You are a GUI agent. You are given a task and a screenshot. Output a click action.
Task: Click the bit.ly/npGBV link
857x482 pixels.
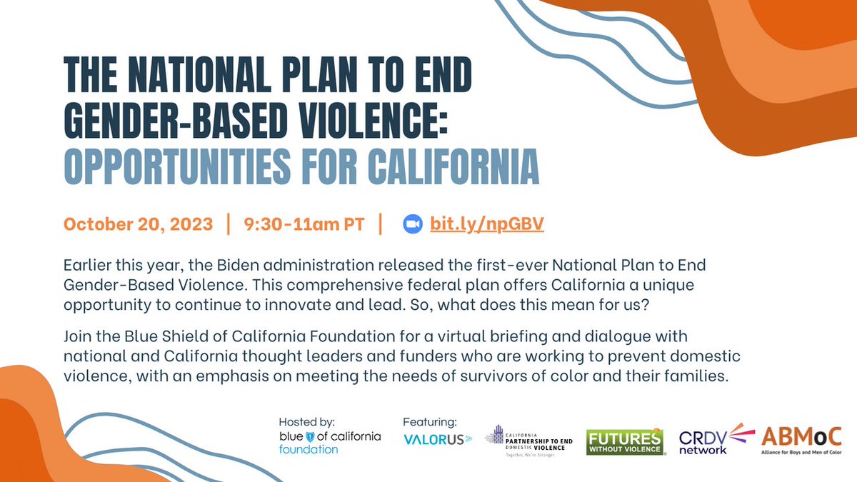point(487,224)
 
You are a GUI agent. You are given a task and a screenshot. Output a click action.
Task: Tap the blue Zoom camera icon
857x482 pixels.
point(413,224)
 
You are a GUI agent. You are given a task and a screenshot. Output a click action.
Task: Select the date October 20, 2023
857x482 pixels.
point(138,224)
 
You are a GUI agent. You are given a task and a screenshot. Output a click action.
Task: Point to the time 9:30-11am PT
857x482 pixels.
point(304,224)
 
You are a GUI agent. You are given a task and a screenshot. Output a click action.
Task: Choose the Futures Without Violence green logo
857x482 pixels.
point(624,441)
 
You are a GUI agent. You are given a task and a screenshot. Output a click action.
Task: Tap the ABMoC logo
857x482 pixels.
point(801,439)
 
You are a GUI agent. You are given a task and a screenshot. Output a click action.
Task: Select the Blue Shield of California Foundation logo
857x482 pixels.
point(330,442)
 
